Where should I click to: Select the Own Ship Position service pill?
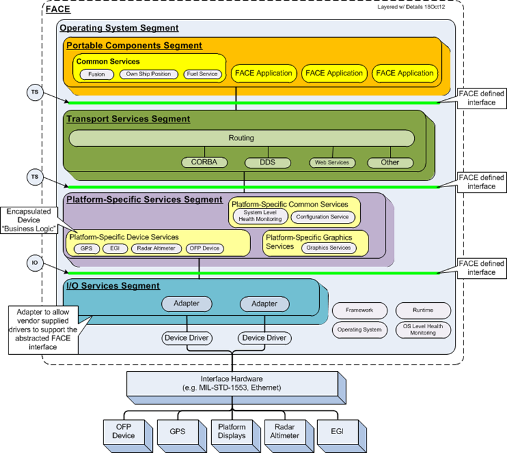[x=149, y=74]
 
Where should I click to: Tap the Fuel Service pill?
[x=202, y=74]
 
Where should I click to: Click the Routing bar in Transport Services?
[x=241, y=138]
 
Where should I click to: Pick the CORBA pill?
[x=203, y=162]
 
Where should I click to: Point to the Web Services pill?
[x=332, y=162]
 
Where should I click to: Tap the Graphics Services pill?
[x=328, y=248]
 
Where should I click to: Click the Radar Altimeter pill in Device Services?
[x=157, y=248]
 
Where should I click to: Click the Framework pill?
[x=359, y=310]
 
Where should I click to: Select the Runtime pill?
[x=422, y=310]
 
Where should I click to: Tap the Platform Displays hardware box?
[x=231, y=431]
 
